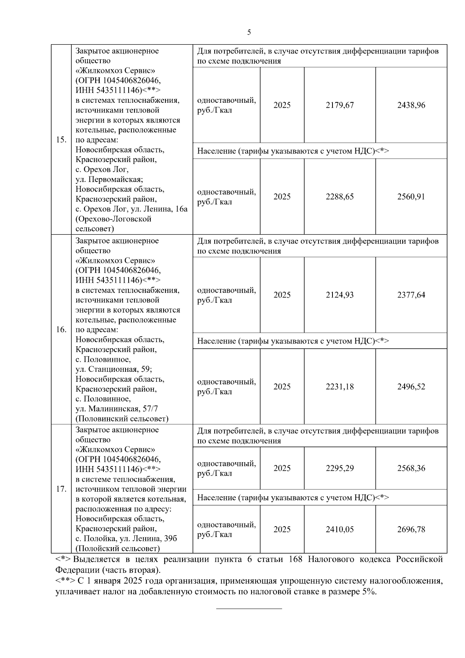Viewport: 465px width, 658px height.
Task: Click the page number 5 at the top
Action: click(249, 32)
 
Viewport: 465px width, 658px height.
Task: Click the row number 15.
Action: click(61, 140)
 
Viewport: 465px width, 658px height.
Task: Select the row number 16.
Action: click(61, 330)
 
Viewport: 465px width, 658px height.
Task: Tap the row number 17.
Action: click(61, 489)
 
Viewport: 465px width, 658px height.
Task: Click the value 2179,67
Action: click(339, 105)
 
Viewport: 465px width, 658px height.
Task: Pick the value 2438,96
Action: click(411, 105)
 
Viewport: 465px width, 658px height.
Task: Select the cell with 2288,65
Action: click(339, 197)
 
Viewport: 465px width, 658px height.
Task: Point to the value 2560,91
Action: click(411, 197)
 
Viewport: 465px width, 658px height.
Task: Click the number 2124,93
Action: click(339, 295)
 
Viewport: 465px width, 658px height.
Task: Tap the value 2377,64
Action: click(411, 295)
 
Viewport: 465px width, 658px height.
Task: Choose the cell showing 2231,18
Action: click(339, 387)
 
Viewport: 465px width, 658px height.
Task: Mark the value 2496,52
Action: click(411, 387)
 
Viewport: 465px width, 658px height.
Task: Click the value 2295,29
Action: click(339, 468)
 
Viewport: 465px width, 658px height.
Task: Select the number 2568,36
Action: click(411, 468)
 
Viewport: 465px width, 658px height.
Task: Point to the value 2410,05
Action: click(339, 529)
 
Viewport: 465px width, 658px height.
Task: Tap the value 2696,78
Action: click(411, 529)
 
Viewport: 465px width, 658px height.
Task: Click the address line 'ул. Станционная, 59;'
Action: click(114, 369)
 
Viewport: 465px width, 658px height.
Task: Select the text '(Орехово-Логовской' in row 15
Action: click(113, 219)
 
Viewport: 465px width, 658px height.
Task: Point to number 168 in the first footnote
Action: click(296, 560)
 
